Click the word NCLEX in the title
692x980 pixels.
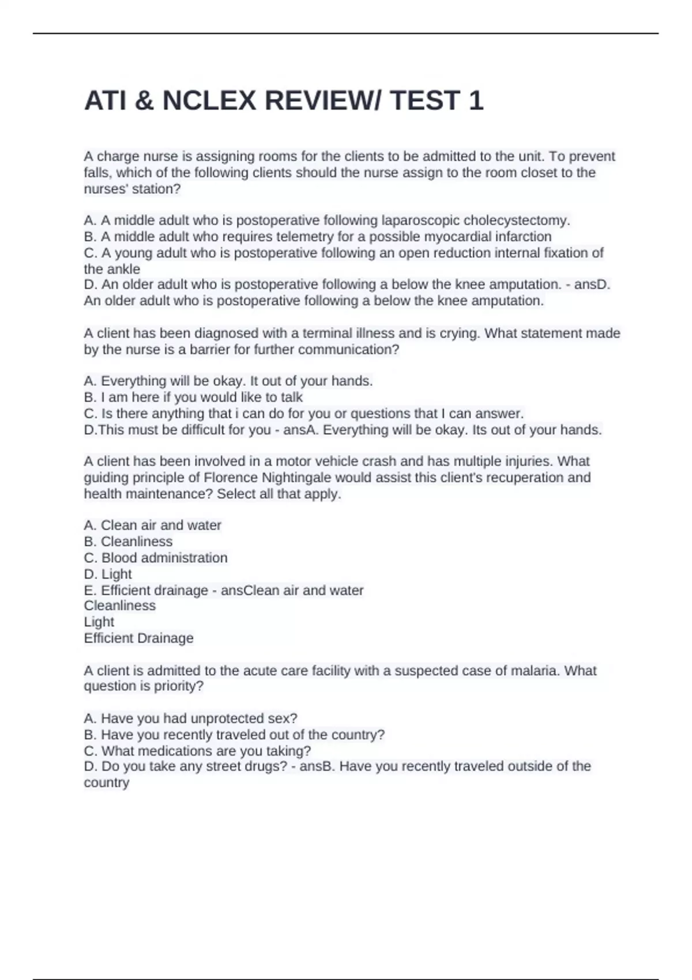pyautogui.click(x=209, y=101)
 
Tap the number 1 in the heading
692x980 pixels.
pyautogui.click(x=476, y=101)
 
